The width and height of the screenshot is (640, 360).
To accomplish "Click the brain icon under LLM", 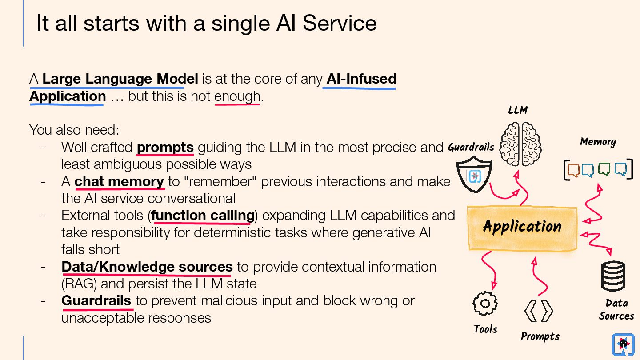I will coord(520,144).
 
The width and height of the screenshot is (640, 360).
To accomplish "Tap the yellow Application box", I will coord(522,227).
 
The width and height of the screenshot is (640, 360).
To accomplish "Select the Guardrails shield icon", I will coord(474,176).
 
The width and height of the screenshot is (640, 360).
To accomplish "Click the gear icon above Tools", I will coord(485,304).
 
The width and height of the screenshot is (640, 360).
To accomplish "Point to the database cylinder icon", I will coord(613,276).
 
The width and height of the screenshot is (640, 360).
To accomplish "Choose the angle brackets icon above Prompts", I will coord(539,311).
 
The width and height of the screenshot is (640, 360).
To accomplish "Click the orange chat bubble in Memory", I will coord(573,170).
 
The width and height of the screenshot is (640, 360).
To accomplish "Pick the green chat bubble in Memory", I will coord(604,169).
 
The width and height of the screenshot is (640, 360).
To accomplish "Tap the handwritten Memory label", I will coord(598,142).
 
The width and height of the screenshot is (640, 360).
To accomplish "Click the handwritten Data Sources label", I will coord(616,309).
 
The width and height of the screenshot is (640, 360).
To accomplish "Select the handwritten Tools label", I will coord(485,329).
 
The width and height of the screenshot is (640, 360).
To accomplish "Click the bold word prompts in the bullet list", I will coord(165,147).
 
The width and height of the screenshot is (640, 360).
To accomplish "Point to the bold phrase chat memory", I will coord(119,181).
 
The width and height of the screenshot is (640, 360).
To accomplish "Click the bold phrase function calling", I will coord(203,216).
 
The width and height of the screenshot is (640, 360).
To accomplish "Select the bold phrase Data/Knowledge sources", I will coord(147,267).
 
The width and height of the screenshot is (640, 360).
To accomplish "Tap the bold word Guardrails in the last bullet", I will coord(96,301).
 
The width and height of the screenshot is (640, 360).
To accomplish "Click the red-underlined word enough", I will coord(237,96).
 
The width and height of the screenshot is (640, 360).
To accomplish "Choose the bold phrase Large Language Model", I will coord(120,79).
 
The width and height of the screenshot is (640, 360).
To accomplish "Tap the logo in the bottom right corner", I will coord(623,344).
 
